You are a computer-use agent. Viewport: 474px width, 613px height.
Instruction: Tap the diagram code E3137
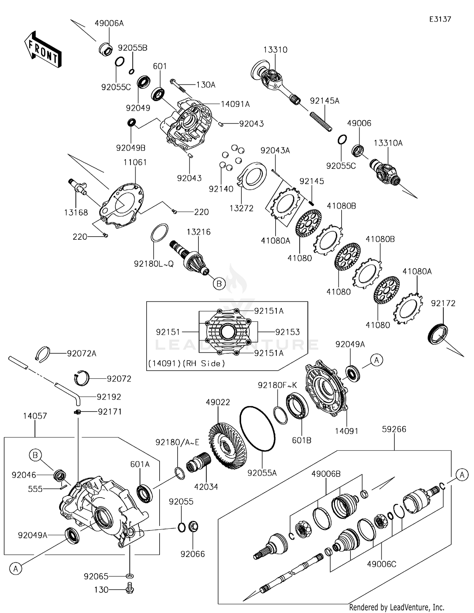(440, 19)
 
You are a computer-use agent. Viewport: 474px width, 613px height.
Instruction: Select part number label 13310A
(388, 143)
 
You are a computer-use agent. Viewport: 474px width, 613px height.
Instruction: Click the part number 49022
(218, 402)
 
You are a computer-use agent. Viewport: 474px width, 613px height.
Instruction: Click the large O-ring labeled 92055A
(258, 428)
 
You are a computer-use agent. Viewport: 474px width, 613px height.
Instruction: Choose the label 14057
(35, 416)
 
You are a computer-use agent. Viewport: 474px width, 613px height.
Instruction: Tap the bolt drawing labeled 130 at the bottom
(130, 589)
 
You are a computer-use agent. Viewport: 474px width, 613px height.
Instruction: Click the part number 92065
(96, 576)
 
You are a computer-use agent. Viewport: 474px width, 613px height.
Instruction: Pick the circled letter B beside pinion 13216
(219, 283)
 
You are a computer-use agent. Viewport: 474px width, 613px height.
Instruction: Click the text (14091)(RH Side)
(186, 363)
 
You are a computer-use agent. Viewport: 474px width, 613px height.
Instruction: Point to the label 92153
(287, 332)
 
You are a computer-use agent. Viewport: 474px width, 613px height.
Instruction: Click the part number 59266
(394, 429)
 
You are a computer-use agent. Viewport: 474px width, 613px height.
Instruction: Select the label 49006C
(381, 564)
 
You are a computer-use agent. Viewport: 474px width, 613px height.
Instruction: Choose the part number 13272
(241, 208)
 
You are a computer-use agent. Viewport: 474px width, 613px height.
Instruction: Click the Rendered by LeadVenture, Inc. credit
(397, 607)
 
